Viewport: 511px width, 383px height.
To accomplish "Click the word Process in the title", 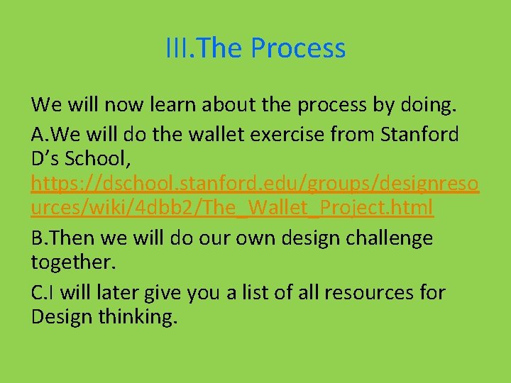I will [x=298, y=48].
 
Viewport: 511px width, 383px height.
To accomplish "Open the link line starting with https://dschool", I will [x=255, y=184].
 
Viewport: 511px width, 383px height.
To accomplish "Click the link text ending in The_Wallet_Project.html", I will [x=232, y=209].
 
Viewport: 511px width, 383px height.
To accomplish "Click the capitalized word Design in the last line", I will [x=62, y=317].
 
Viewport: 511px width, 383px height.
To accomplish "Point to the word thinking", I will [x=138, y=317].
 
